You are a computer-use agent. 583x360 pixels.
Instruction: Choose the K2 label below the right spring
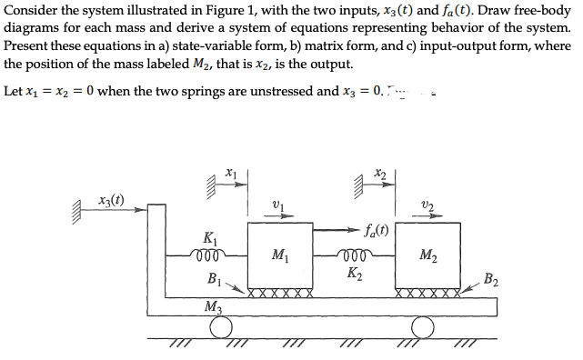tap(354, 272)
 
